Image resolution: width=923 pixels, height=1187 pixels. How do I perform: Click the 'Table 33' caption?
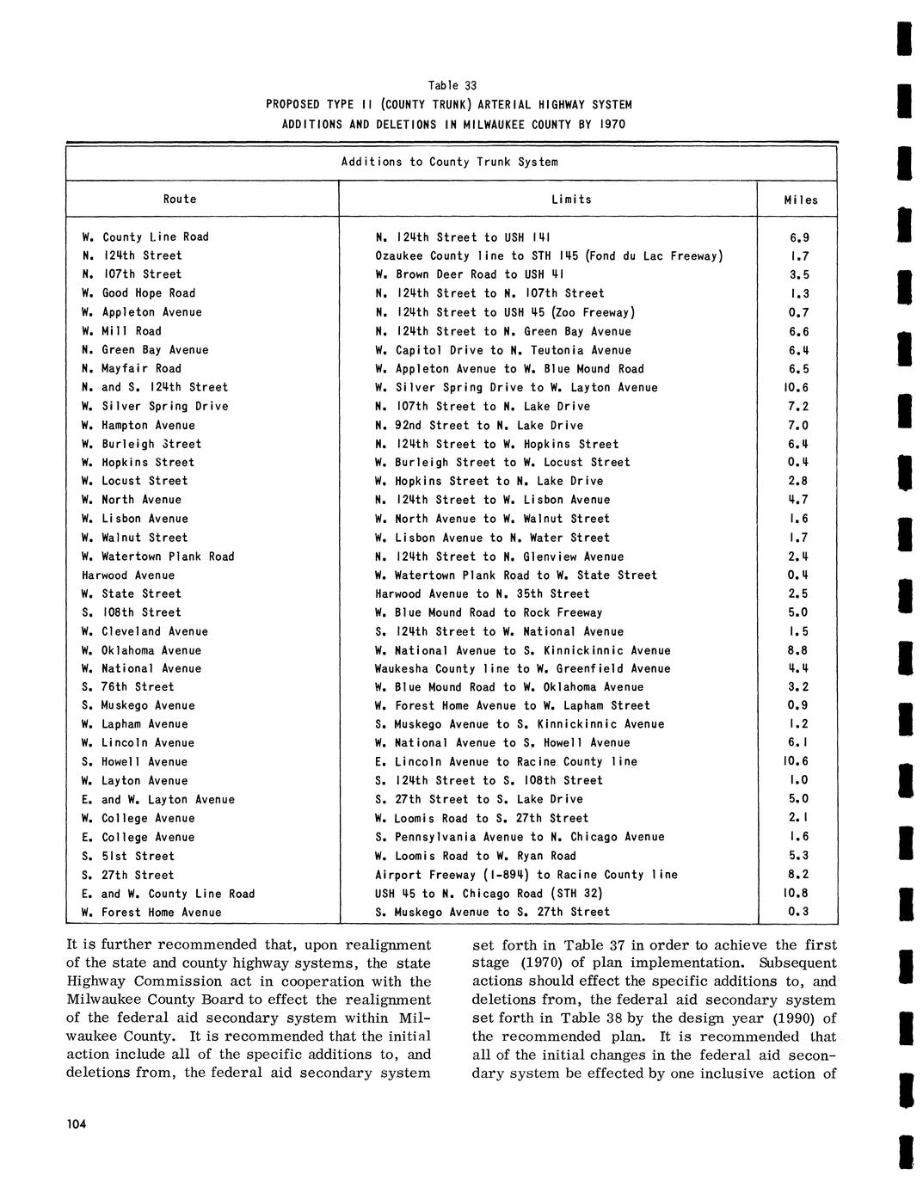(452, 85)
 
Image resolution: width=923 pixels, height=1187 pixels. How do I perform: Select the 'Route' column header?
(180, 199)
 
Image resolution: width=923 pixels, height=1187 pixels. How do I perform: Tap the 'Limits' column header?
(571, 199)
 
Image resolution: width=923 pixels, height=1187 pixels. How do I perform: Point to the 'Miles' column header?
(800, 200)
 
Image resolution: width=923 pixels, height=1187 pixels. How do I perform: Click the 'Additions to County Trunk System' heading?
(449, 162)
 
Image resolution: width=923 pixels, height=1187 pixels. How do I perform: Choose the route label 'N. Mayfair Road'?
(132, 368)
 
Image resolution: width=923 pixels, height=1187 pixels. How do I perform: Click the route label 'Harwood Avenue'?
(128, 575)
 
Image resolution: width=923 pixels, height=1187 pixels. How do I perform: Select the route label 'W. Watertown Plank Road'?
(158, 556)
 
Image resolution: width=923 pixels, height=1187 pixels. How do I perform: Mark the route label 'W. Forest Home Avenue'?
(151, 912)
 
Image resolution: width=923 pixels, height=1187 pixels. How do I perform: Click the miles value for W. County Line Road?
(799, 237)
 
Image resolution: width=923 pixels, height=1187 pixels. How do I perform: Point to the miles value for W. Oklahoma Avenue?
(799, 650)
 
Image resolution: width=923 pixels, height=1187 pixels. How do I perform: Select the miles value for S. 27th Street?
(799, 875)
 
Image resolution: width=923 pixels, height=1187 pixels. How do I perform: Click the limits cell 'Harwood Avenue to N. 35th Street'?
(483, 593)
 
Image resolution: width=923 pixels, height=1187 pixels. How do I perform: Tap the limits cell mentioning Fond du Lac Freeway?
(549, 255)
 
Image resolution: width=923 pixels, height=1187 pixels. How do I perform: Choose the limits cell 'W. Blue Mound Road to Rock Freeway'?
(489, 612)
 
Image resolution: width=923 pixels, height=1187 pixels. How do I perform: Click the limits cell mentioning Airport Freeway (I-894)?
(526, 875)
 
